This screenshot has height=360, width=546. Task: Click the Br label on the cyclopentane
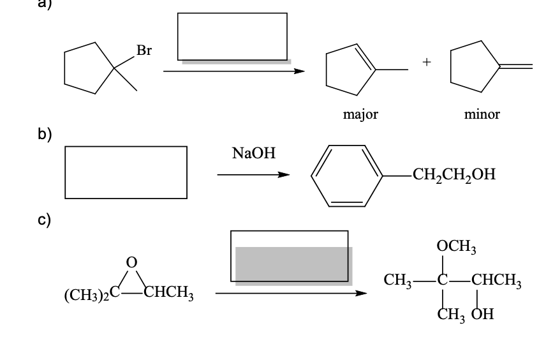point(144,52)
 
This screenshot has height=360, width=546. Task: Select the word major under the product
point(360,115)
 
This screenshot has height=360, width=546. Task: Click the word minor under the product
point(482,115)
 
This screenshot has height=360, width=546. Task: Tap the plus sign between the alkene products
point(426,63)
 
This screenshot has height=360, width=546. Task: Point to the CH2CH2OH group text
point(453,174)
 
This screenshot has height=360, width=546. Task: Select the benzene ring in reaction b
point(346,176)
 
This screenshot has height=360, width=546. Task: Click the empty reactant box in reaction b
point(126,172)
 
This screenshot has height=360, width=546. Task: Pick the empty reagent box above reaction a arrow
point(232,36)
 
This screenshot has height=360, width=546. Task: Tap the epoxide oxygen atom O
point(132,262)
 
